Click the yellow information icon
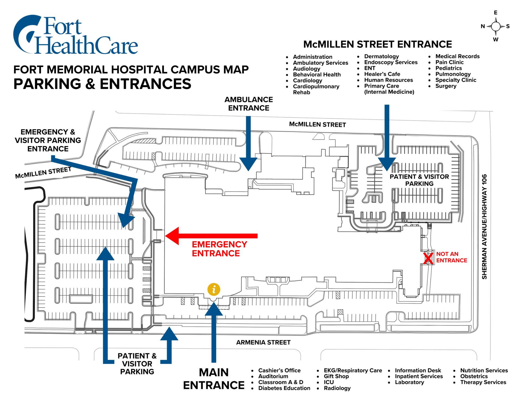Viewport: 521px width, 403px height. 214,289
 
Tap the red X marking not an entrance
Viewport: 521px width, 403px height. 428,258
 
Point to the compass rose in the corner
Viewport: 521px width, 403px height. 495,26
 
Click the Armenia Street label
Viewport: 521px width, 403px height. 263,342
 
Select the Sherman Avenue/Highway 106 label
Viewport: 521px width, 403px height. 484,226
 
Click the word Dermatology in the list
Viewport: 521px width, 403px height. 381,56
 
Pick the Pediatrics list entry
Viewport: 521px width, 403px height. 449,68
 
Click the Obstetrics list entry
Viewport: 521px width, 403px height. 474,376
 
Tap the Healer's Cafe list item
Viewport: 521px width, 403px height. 382,74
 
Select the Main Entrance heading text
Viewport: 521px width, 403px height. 214,379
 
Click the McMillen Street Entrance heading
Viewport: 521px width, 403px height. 377,44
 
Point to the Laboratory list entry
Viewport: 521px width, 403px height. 409,382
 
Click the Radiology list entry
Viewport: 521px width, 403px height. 337,388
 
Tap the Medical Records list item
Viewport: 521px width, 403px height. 458,56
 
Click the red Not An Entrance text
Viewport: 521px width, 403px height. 452,257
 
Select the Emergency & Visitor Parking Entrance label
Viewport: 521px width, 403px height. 48,140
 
